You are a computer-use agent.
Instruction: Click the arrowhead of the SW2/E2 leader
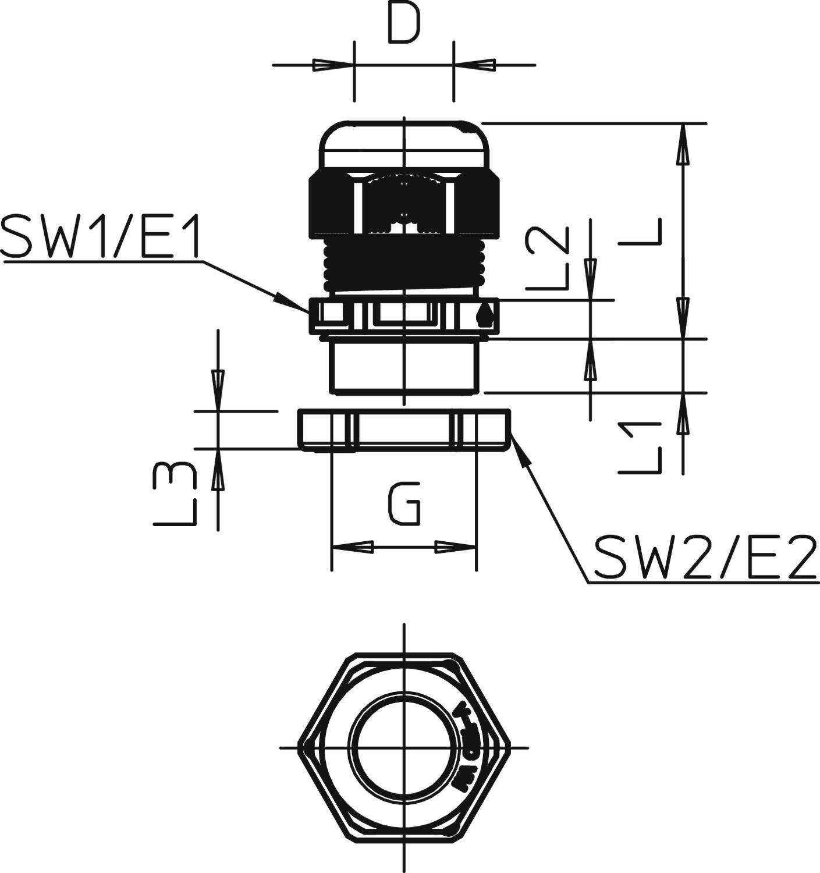pos(521,450)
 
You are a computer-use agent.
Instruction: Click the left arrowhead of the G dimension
pos(352,547)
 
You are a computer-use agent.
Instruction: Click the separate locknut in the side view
pos(404,430)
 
